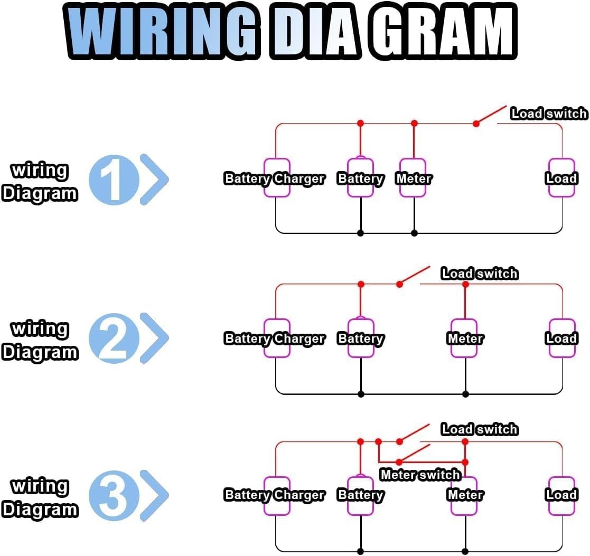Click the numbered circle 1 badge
pos(114,180)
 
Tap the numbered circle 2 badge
pos(114,338)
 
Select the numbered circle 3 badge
pos(114,495)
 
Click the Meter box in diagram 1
pos(413,178)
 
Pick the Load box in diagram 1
pos(561,178)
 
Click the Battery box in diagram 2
pos(361,338)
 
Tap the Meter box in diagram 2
pos(465,338)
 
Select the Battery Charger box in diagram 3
pos(277,495)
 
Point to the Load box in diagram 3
pos(561,495)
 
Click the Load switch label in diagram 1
pos(548,114)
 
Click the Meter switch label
pos(420,475)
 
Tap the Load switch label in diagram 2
pos(479,274)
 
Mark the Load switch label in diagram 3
pos(479,429)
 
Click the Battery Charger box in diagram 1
pos(277,178)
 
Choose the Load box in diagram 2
pos(561,338)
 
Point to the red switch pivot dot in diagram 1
pos(476,124)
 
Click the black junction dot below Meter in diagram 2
pos(465,394)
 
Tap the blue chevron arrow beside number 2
pos(154,338)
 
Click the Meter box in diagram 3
pos(465,495)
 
